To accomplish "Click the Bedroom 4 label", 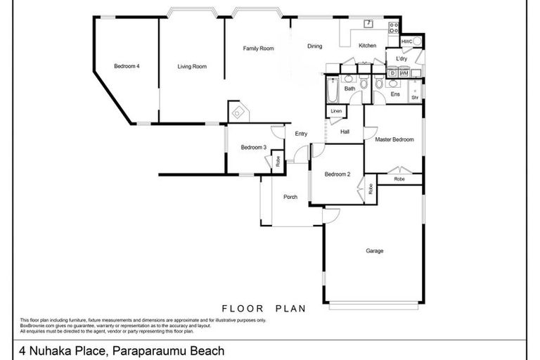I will [127, 67].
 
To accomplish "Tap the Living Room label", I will [191, 67].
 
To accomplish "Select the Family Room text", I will [258, 49].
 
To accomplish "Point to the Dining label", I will [314, 46].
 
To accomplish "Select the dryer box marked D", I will [393, 72].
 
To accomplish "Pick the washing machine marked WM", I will [404, 72].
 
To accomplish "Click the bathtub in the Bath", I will [332, 91].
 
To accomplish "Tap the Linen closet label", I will [336, 111].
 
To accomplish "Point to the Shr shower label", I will [415, 97].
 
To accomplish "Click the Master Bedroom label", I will [394, 140].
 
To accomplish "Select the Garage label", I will [374, 251].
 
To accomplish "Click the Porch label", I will [290, 197].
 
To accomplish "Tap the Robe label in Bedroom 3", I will [278, 161].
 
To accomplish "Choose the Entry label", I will [301, 134].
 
